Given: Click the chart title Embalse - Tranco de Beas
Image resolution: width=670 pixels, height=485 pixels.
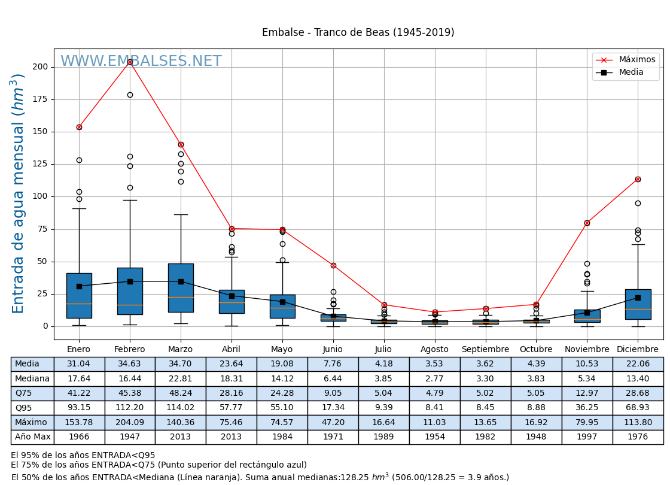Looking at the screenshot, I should [358, 32].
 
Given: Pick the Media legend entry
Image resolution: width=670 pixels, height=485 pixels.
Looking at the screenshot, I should [631, 72].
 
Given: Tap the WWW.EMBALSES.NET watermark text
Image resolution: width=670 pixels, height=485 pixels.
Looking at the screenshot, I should [141, 62].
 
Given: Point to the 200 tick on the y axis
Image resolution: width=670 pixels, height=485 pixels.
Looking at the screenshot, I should [40, 66].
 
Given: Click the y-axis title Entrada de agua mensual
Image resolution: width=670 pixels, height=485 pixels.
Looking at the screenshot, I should [19, 193].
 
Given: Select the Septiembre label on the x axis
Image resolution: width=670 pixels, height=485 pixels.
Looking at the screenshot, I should [485, 350].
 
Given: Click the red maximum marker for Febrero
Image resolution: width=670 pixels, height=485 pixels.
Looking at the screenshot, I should [130, 62].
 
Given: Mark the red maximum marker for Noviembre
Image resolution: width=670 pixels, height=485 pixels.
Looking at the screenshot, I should [587, 223].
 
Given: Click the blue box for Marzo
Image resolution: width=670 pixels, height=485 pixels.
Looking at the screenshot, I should [181, 287].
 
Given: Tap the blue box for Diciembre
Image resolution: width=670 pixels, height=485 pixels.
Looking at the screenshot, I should [638, 304].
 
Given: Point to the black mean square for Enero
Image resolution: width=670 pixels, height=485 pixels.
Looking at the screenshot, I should [79, 286].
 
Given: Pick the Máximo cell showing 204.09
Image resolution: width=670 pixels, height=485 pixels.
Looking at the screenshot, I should [130, 422].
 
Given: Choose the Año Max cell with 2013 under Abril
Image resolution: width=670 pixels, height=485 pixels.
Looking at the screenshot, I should [232, 436].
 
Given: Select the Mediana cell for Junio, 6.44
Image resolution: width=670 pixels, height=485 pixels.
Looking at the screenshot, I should [333, 378].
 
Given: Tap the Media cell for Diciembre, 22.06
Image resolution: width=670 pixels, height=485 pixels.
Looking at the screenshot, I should [638, 364].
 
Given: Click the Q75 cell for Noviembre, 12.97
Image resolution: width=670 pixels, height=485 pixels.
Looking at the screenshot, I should [587, 393].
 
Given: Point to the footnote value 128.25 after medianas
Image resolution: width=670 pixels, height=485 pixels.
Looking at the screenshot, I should [354, 477].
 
